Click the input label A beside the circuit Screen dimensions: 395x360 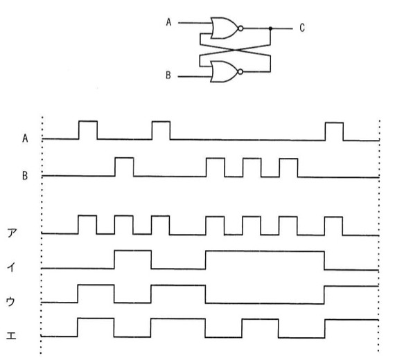168,22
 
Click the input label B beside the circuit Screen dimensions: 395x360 168,75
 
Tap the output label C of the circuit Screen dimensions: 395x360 302,28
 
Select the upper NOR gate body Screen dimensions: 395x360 224,28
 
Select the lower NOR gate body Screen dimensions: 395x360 224,72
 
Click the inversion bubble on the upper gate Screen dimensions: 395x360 240,28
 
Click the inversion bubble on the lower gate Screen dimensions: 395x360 240,72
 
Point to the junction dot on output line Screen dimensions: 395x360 270,28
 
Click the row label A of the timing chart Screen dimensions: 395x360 25,138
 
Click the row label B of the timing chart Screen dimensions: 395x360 25,175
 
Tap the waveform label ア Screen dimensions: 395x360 12,233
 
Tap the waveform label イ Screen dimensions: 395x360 11,267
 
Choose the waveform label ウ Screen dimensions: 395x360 10,301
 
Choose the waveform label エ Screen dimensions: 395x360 11,336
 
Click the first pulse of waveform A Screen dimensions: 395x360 88,130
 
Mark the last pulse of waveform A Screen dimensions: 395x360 334,132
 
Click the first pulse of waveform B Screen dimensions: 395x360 124,167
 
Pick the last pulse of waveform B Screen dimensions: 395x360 288,168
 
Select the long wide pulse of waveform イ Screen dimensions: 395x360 265,260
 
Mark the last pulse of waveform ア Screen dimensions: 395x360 333,226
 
